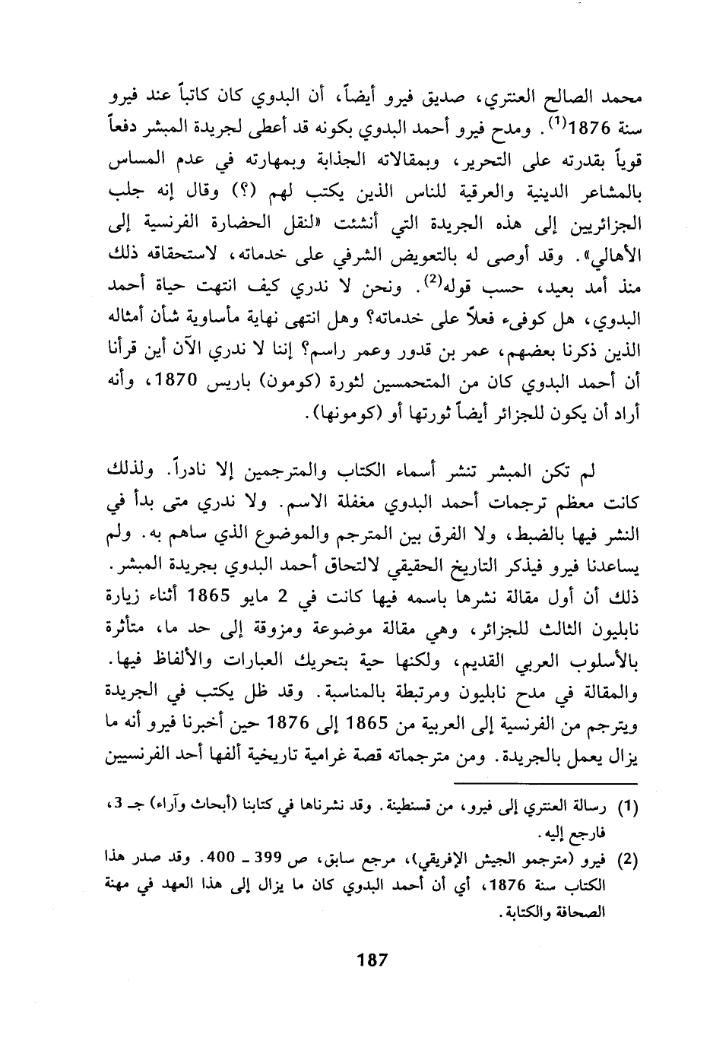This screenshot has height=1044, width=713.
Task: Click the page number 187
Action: coord(372,959)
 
